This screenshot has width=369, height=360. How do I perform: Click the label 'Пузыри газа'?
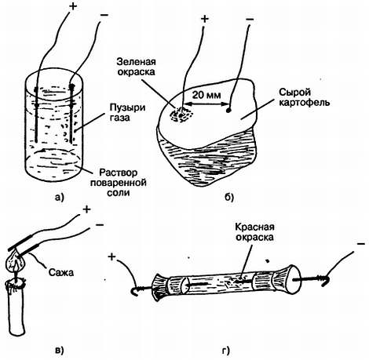pyautogui.click(x=127, y=112)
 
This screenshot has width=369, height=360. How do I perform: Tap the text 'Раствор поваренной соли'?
pyautogui.click(x=119, y=183)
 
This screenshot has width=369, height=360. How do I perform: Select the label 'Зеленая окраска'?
pyautogui.click(x=136, y=67)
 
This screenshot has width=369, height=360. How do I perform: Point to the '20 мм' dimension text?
pyautogui.click(x=206, y=95)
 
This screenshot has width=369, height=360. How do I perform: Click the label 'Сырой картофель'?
pyautogui.click(x=304, y=97)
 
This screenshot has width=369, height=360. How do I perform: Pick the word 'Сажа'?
pyautogui.click(x=61, y=272)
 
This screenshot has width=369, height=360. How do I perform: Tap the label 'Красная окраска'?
pyautogui.click(x=254, y=232)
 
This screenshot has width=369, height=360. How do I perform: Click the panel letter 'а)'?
pyautogui.click(x=60, y=198)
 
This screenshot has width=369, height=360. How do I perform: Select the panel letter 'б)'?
pyautogui.click(x=229, y=198)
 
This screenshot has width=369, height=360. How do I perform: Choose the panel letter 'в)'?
pyautogui.click(x=60, y=350)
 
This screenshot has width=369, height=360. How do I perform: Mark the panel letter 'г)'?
pyautogui.click(x=227, y=350)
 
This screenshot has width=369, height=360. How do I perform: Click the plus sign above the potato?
pyautogui.click(x=205, y=19)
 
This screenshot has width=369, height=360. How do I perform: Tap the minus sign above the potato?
pyautogui.click(x=250, y=19)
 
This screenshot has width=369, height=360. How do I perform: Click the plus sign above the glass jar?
pyautogui.click(x=73, y=6)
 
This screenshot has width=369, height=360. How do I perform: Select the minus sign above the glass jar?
pyautogui.click(x=104, y=15)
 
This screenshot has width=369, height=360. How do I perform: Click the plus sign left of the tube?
pyautogui.click(x=111, y=257)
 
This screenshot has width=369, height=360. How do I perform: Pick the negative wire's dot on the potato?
pyautogui.click(x=228, y=111)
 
